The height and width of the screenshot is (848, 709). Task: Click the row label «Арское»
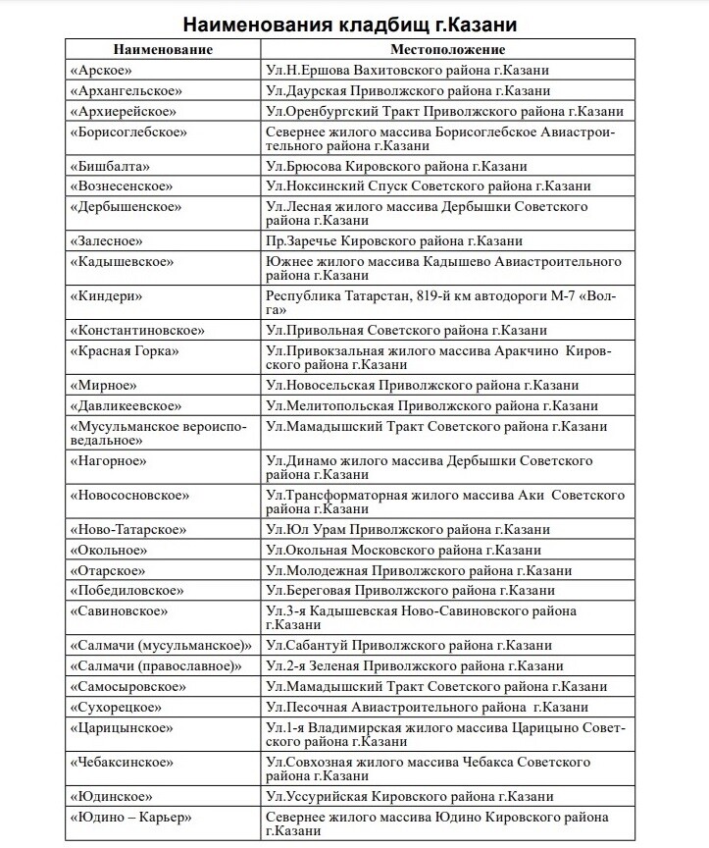click(x=100, y=70)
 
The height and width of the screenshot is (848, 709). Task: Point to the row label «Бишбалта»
click(x=110, y=166)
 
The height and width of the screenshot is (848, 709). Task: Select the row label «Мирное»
click(x=103, y=385)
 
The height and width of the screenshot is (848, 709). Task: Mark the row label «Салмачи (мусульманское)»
click(x=162, y=645)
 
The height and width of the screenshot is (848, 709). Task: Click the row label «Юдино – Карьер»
click(x=129, y=817)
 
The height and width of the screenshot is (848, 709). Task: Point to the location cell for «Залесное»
click(x=394, y=240)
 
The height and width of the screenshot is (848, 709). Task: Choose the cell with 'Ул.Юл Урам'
click(x=408, y=529)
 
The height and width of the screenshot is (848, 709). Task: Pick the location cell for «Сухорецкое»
click(x=427, y=707)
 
